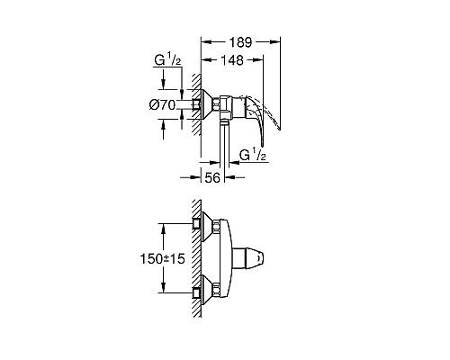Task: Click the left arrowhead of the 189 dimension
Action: click(x=202, y=41)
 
